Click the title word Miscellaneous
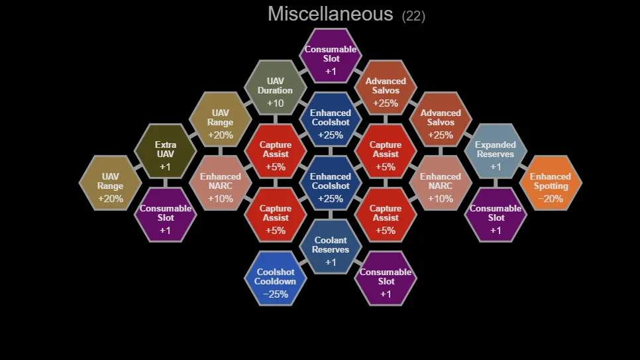pyautogui.click(x=330, y=14)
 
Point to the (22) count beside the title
pyautogui.click(x=413, y=15)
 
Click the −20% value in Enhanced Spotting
pyautogui.click(x=551, y=199)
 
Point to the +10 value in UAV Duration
pyautogui.click(x=275, y=103)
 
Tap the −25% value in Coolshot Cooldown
pyautogui.click(x=275, y=294)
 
